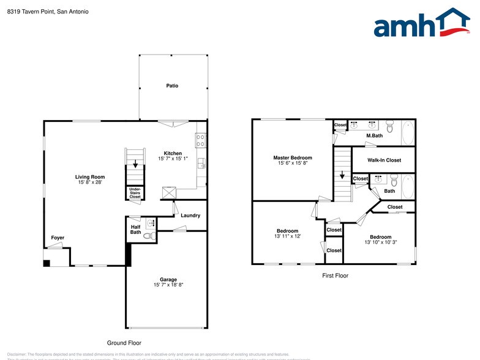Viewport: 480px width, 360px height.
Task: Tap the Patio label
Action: coord(172,86)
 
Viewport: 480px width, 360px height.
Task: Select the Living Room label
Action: coord(90,177)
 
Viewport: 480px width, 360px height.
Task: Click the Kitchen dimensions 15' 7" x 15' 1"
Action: coord(173,159)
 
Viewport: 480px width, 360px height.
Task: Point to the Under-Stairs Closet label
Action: coord(135,193)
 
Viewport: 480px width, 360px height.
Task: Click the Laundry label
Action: coord(190,216)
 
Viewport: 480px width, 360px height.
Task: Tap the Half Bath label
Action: coord(135,229)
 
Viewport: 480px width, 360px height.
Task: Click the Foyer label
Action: coord(58,238)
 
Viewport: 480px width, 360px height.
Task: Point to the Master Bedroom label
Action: coord(293,157)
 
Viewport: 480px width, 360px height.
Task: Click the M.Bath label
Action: coord(374,135)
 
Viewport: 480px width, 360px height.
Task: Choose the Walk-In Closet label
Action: coord(384,160)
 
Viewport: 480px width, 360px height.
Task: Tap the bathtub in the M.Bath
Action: coord(408,132)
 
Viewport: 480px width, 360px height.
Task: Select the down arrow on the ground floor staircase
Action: coord(135,165)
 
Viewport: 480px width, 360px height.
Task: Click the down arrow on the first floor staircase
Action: coord(342,175)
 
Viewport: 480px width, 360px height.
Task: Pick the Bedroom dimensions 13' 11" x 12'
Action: coord(288,236)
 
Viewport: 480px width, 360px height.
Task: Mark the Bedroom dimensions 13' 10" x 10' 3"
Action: coord(380,242)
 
